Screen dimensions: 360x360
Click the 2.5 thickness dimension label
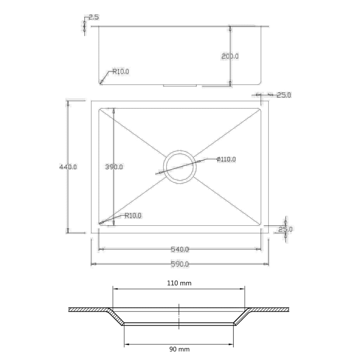[94, 17]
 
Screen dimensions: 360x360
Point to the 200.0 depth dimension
[230, 56]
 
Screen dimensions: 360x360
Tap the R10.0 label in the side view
[121, 71]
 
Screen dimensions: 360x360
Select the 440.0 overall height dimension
[68, 167]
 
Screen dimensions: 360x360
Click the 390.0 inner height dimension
[114, 167]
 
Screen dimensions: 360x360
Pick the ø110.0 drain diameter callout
[226, 159]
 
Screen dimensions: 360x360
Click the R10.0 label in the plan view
[133, 216]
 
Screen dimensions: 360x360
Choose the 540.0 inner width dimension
[180, 249]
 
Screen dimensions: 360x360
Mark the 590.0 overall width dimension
[180, 264]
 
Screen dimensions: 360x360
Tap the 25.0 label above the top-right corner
[284, 95]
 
